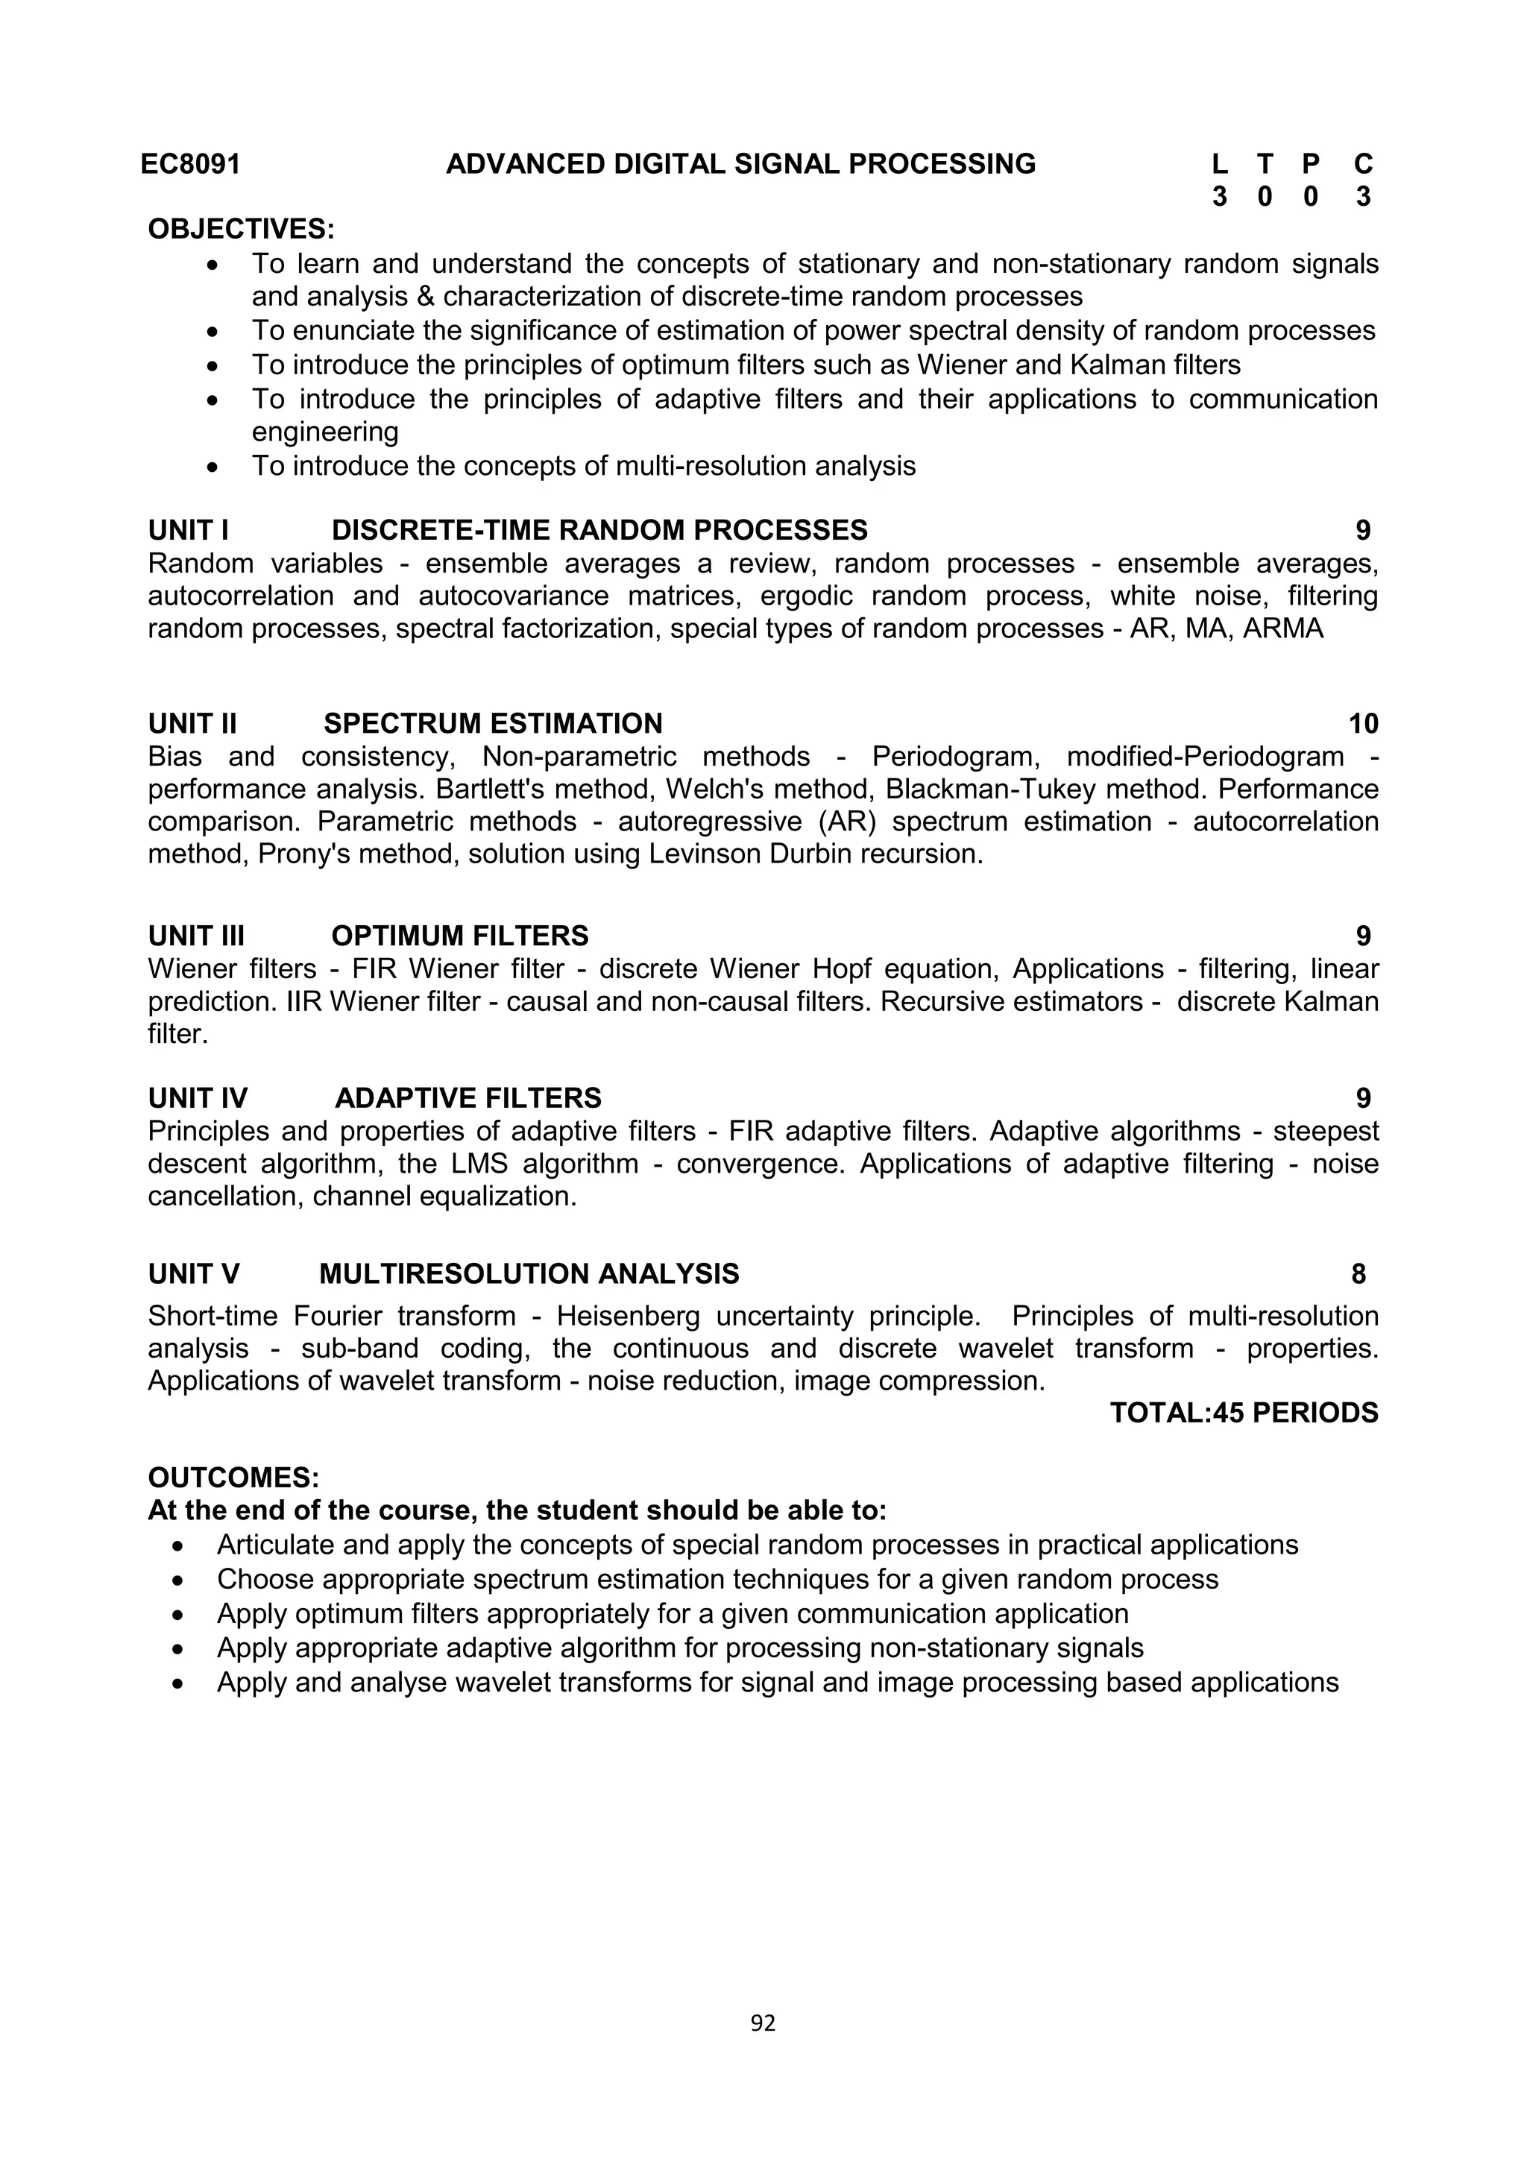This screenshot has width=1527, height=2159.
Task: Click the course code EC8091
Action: pos(191,165)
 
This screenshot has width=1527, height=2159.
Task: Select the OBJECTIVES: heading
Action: pos(242,229)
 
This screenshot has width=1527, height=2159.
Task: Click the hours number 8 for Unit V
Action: pos(1358,1273)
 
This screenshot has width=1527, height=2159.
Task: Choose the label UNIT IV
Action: pos(198,1097)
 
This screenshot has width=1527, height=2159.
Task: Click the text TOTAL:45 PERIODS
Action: pos(1244,1413)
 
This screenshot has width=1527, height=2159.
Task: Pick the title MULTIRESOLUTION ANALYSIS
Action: pos(529,1273)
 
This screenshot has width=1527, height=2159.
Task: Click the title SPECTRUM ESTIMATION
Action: pos(493,723)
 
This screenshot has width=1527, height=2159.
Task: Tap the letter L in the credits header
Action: pos(1220,165)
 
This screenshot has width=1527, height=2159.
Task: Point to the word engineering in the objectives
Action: pos(325,432)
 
